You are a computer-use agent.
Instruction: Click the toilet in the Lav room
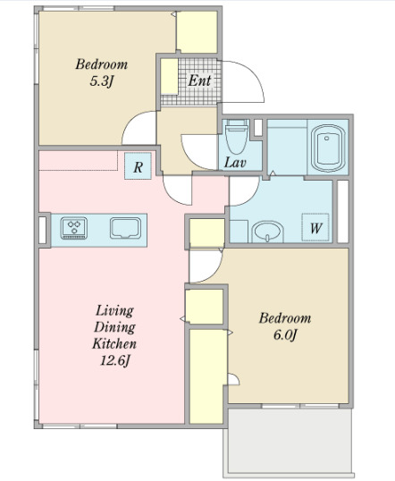[x=237, y=137]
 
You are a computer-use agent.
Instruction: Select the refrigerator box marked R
[x=138, y=166]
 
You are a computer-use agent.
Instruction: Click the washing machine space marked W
[x=315, y=227]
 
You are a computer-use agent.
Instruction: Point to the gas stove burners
[x=74, y=228]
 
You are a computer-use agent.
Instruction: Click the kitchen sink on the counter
[x=125, y=228]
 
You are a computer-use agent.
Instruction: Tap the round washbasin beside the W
[x=267, y=232]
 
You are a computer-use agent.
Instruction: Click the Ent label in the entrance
[x=199, y=80]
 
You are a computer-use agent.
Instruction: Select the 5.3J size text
[x=102, y=81]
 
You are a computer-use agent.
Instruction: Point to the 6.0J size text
[x=285, y=335]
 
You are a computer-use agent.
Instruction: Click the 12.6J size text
[x=115, y=360]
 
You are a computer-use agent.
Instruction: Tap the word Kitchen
[x=114, y=343]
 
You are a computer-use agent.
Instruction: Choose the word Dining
[x=114, y=327]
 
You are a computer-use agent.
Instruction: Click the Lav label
[x=235, y=163]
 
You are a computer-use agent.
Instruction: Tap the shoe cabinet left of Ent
[x=169, y=76]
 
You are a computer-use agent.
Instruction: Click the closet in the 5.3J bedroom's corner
[x=197, y=32]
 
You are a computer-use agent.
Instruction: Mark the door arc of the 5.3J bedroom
[x=130, y=122]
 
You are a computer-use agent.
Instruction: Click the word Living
[x=114, y=311]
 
